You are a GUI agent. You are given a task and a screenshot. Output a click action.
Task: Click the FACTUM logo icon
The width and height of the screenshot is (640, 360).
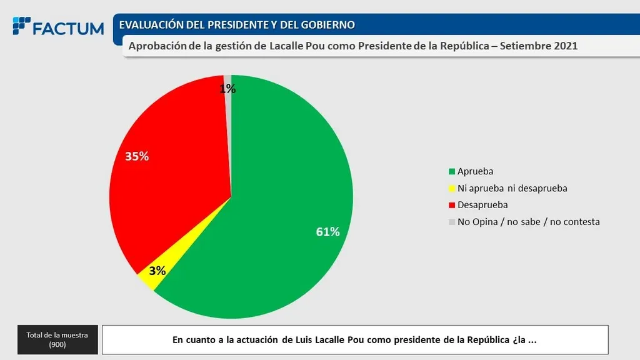pos(21,26)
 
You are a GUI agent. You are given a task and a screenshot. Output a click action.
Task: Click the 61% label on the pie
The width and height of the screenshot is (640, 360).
pos(327,232)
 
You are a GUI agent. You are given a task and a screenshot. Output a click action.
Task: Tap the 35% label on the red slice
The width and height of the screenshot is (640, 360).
pos(137,156)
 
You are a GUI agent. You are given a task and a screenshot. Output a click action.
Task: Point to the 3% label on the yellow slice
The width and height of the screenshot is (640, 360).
pos(157,271)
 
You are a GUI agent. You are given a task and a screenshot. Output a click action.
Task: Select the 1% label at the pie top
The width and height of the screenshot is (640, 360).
pos(227,89)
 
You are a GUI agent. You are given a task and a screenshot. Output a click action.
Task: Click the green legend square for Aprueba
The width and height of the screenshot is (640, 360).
pos(452,171)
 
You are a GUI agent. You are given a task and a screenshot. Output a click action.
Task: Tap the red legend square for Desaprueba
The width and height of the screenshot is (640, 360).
pos(452,205)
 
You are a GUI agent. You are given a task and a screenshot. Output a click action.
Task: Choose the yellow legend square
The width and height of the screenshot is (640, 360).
pos(452,188)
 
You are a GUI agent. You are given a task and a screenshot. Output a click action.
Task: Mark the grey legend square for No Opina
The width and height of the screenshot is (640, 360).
pos(452,222)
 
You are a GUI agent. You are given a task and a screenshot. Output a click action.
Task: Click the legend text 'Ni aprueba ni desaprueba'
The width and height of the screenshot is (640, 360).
pos(512,188)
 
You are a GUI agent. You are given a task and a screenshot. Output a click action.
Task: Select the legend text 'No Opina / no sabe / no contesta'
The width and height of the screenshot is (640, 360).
pos(528,222)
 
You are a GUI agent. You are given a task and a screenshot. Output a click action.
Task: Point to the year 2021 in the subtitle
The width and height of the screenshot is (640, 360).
pos(565,46)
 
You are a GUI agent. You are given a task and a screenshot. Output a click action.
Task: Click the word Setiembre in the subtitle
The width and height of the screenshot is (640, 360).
pos(525,46)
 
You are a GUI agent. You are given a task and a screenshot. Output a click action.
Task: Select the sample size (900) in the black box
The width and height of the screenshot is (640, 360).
pos(57,344)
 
